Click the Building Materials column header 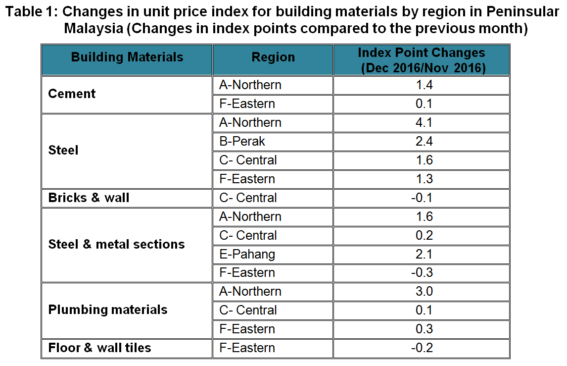(127, 57)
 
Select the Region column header (273, 57)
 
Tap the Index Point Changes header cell (421, 60)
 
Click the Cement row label (72, 94)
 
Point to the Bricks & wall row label (89, 198)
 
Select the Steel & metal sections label (117, 244)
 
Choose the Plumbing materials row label (108, 310)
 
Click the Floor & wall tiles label (100, 348)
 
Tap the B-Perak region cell (242, 142)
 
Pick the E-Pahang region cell (247, 255)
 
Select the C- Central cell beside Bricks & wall (248, 198)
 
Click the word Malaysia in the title (94, 28)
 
